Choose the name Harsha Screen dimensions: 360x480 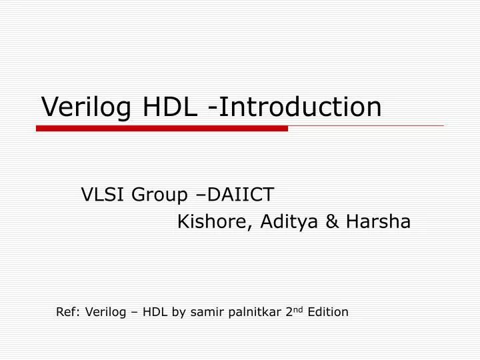point(378,222)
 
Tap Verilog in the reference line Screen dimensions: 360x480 point(103,312)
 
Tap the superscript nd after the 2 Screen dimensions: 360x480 point(298,309)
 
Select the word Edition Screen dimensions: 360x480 point(328,311)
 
